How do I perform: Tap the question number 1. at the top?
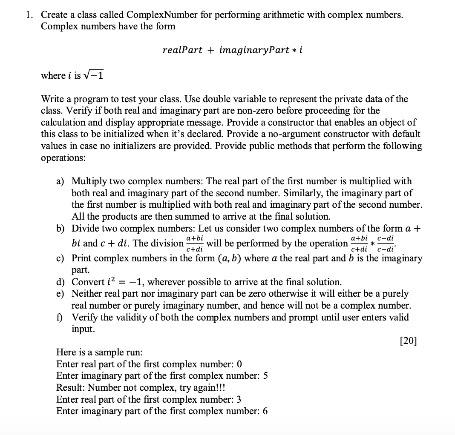(29, 15)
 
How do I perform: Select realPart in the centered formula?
(182, 50)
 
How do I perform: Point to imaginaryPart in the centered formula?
(254, 50)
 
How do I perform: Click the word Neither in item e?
(88, 294)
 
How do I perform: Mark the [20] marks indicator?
(409, 341)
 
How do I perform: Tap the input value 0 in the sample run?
(239, 364)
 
